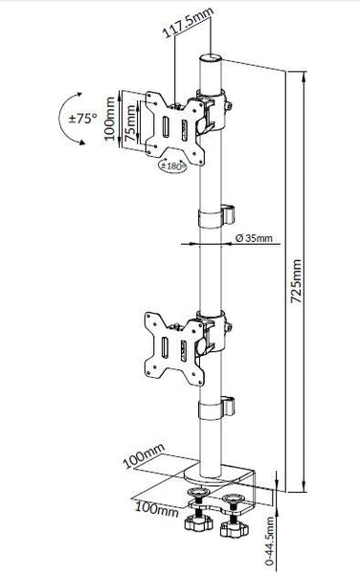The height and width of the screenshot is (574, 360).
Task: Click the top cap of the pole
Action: coord(211,58)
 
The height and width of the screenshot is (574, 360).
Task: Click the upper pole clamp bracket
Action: coord(214,104)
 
